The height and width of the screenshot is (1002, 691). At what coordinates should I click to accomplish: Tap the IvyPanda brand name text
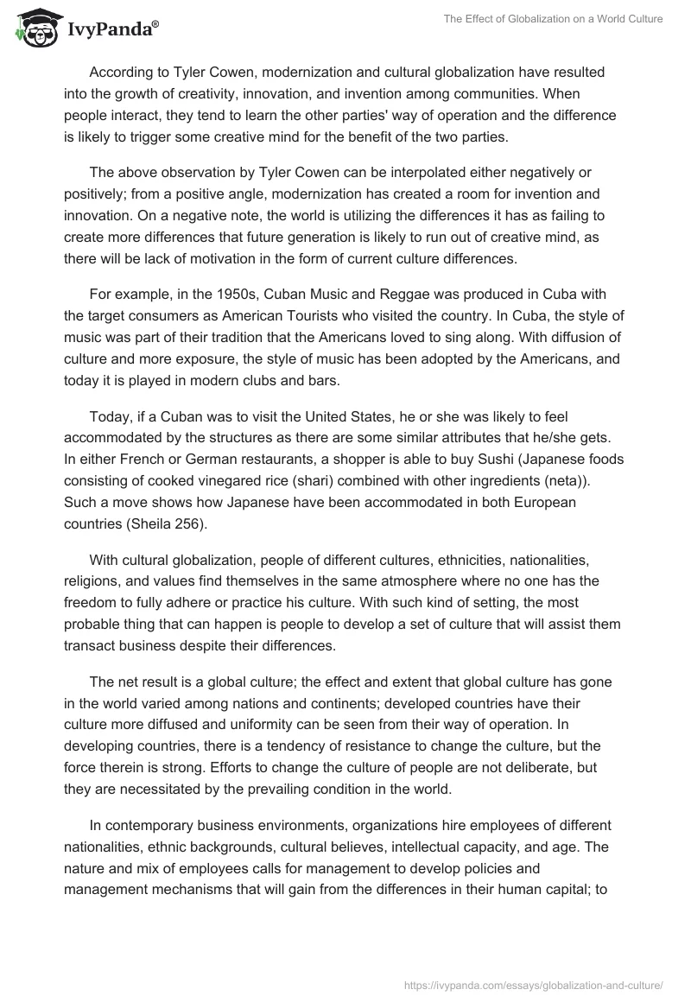point(111,31)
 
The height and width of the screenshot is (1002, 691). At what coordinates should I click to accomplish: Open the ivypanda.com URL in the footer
point(534,984)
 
